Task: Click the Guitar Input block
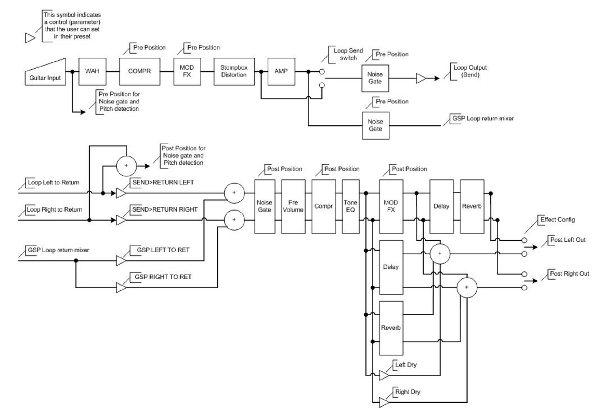46,74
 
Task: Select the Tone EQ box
350,205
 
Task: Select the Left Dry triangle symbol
385,375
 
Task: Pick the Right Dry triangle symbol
385,401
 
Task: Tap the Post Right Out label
570,274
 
